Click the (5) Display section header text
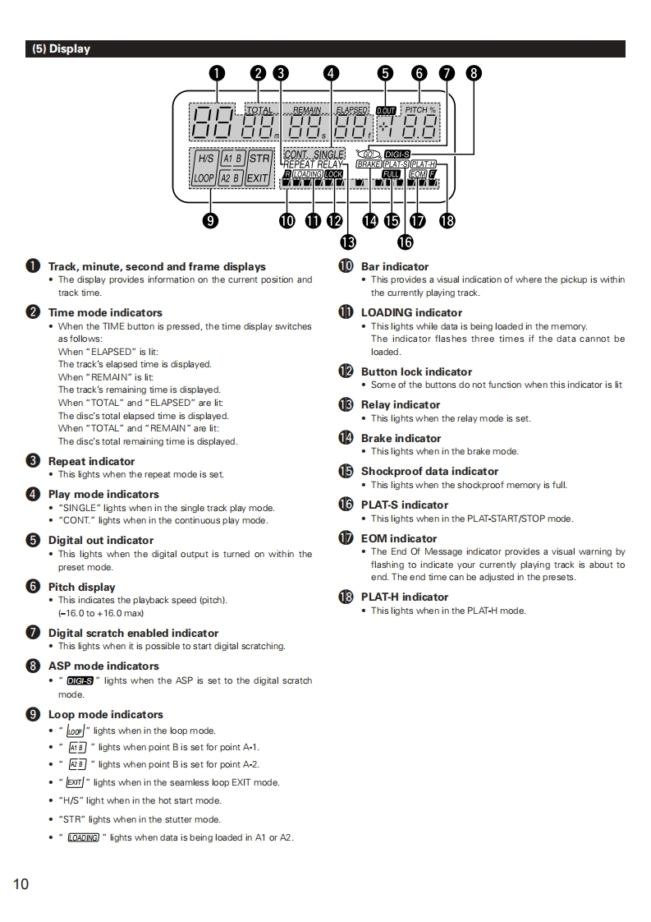coord(61,49)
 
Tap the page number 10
coord(21,884)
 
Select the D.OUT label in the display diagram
coord(386,110)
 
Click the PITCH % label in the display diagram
coord(420,109)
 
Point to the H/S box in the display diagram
coord(204,158)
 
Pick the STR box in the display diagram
coord(259,158)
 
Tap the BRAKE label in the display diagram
coord(369,164)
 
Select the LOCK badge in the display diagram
coord(333,174)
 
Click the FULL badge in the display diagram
coord(392,174)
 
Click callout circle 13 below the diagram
coord(348,242)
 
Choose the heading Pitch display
coord(81,587)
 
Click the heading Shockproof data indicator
coord(429,471)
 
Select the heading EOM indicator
coord(399,538)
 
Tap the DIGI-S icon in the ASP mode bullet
coord(80,680)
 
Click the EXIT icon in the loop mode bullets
coord(74,782)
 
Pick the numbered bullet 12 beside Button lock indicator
coord(346,371)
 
